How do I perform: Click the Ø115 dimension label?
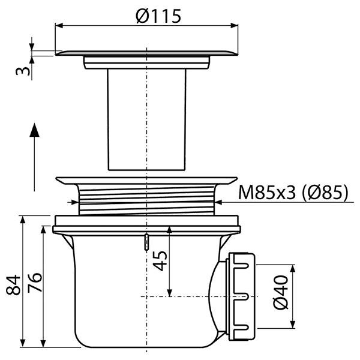[158, 16]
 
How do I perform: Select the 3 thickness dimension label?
[23, 71]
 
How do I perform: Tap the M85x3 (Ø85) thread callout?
[293, 193]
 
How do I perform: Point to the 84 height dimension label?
[13, 284]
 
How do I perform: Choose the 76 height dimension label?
[35, 283]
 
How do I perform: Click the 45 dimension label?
[160, 261]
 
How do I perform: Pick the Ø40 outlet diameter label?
[281, 292]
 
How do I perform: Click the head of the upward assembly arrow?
[34, 130]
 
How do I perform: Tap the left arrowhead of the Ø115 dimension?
[59, 25]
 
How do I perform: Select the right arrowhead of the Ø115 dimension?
[234, 25]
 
